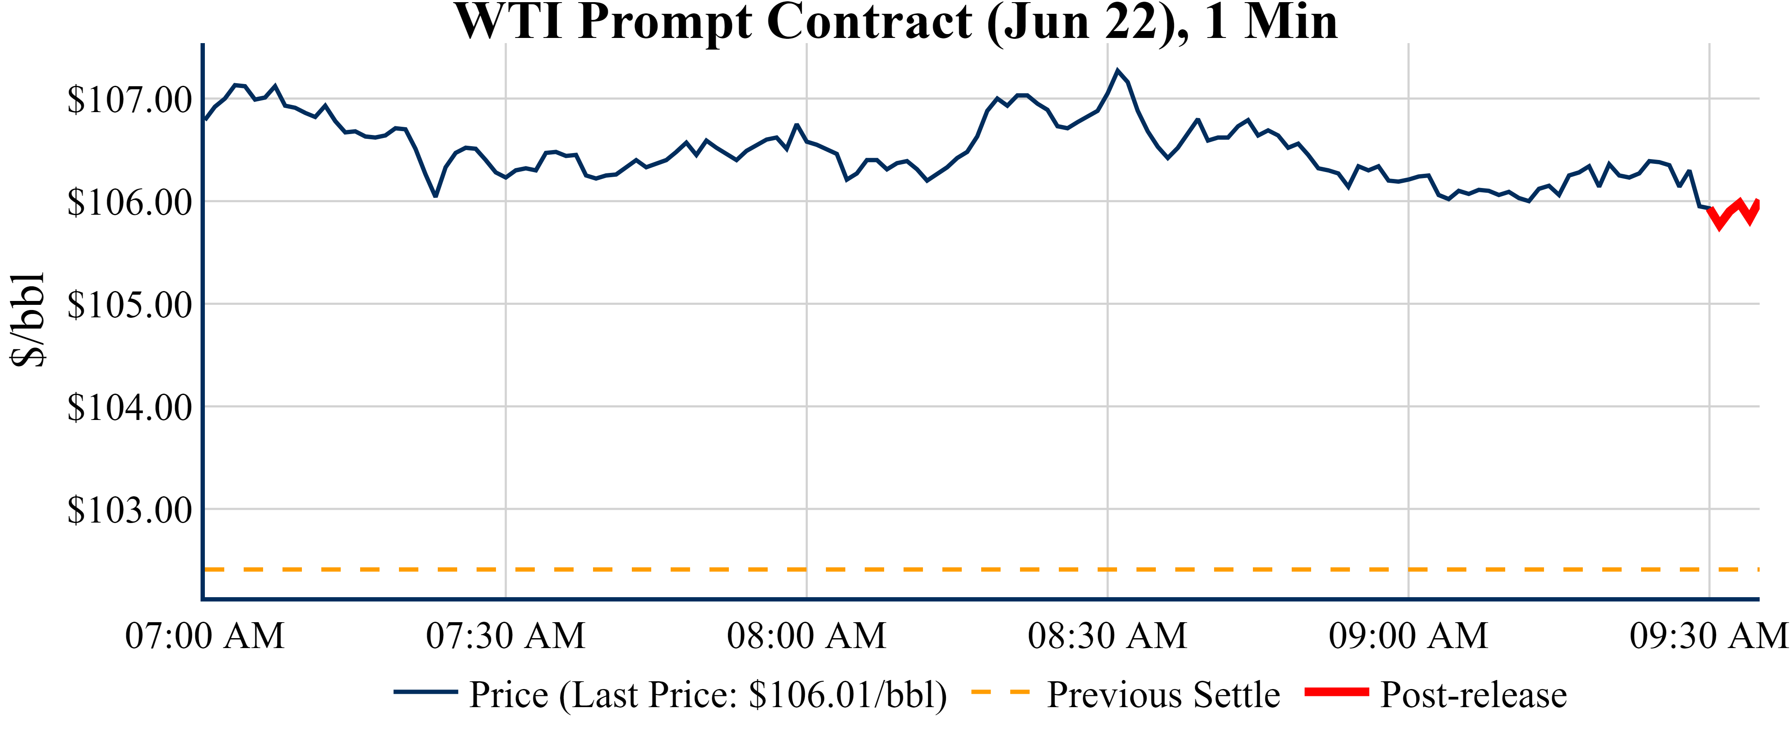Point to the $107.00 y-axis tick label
click(x=129, y=100)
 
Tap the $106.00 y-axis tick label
click(x=129, y=202)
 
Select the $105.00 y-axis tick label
click(x=129, y=304)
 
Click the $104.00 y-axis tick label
click(x=129, y=407)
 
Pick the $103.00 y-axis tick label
click(x=129, y=510)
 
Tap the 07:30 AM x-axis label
click(x=506, y=636)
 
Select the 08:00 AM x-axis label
click(x=807, y=636)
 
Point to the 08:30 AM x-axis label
click(x=1108, y=636)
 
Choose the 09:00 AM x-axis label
click(x=1409, y=636)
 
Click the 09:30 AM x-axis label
click(x=1708, y=636)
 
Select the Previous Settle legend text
click(x=1163, y=694)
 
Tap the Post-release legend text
click(x=1473, y=694)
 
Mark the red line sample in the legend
click(x=1337, y=692)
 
